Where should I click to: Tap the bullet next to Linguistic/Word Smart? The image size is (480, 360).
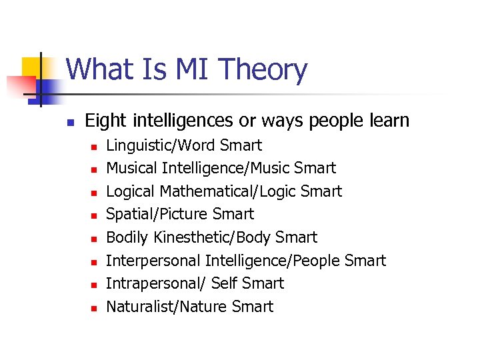click(x=95, y=147)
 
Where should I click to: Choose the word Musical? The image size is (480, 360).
click(x=131, y=168)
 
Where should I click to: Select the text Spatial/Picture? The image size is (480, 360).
click(x=157, y=214)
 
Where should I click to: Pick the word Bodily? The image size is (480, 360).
click(x=128, y=237)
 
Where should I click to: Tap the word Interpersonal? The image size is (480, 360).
click(x=153, y=261)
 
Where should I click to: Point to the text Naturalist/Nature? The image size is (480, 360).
click(x=167, y=307)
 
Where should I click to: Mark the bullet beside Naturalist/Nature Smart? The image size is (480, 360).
click(x=95, y=308)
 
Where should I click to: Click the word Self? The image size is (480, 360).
click(x=225, y=283)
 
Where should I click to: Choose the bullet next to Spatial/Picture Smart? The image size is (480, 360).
click(x=95, y=215)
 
